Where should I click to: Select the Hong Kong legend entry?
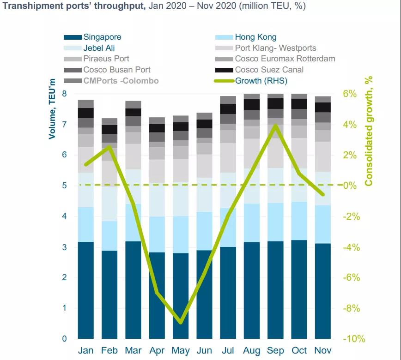tap(255, 37)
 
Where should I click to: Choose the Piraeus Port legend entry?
tap(106, 59)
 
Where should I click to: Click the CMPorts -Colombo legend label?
tap(121, 81)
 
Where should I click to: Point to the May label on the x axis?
tap(181, 351)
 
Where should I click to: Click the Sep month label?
tap(276, 351)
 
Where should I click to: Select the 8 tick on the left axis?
tap(64, 94)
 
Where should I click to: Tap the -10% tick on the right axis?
tap(353, 339)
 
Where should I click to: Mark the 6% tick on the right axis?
tap(350, 94)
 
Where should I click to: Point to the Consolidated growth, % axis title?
tap(369, 132)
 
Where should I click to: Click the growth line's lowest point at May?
tap(181, 322)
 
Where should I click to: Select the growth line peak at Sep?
tap(276, 125)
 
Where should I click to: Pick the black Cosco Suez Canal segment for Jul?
tap(228, 109)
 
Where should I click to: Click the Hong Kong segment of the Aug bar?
tap(252, 222)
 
